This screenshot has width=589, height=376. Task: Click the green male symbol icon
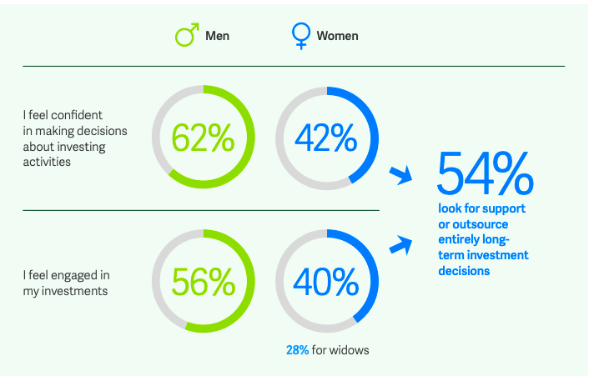point(184,36)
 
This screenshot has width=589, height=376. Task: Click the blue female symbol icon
point(299,36)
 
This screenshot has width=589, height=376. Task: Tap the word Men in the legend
point(217,36)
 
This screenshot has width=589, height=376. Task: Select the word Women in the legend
point(337,36)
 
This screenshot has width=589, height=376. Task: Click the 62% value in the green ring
point(203,138)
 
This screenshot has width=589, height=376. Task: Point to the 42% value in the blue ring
point(326,138)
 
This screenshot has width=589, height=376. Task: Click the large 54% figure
point(485,173)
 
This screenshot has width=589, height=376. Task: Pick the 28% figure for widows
point(296,350)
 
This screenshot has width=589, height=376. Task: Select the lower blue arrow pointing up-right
point(402,244)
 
